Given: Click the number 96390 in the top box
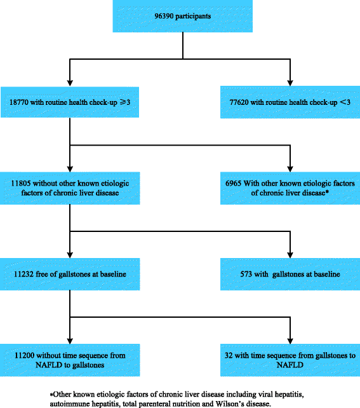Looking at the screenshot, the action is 164,16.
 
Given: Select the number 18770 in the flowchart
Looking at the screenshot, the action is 18,102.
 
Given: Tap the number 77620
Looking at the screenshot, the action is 239,102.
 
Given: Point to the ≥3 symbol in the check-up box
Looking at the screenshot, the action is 125,102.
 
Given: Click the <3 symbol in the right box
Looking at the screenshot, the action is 345,102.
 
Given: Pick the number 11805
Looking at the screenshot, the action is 20,184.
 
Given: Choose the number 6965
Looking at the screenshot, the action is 233,184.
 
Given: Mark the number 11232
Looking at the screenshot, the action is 23,275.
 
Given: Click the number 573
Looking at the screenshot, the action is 246,275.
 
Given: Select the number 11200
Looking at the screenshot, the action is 24,355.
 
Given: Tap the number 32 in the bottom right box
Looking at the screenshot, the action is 229,355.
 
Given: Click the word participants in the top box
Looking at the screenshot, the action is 193,17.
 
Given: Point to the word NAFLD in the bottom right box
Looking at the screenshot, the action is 290,365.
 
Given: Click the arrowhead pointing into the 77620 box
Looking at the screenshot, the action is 290,83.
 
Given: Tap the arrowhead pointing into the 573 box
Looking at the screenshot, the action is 290,255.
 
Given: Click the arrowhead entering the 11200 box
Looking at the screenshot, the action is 70,341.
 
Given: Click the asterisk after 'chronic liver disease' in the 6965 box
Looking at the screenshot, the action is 327,193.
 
